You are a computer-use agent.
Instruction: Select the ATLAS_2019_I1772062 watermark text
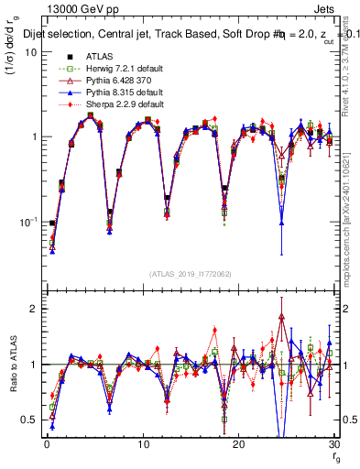(x=191, y=274)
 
